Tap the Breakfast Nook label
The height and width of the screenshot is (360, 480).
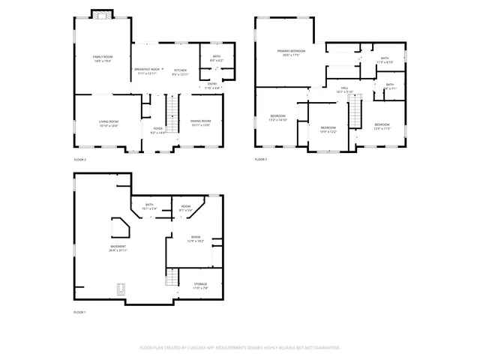point(147,70)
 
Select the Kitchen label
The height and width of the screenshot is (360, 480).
point(181,70)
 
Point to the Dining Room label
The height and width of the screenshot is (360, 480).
point(200,123)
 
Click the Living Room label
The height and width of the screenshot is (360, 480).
point(109,123)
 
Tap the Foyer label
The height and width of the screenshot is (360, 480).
point(158,130)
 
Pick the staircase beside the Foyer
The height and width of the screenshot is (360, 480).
point(172,116)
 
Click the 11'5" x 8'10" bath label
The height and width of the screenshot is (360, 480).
point(385,60)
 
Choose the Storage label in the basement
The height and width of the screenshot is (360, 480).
point(201,286)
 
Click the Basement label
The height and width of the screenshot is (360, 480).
point(118,247)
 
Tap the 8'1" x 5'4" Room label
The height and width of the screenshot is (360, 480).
point(186,208)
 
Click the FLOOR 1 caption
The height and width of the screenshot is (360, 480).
point(80,311)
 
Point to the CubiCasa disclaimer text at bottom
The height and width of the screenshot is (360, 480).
point(240,348)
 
